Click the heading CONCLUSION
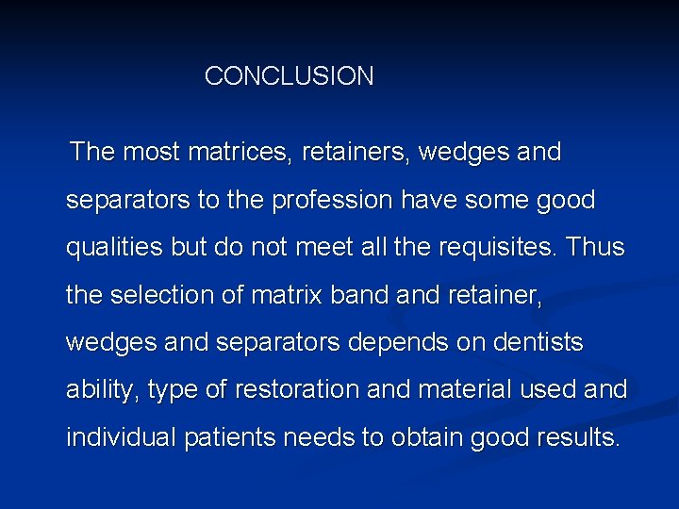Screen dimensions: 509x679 pos(289,76)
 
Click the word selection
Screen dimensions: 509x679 pos(161,296)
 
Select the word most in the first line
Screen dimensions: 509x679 pos(153,152)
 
